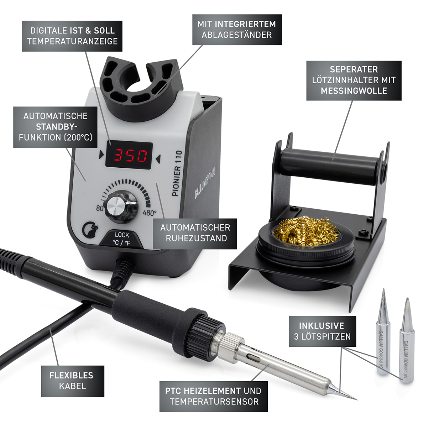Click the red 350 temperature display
pyautogui.click(x=129, y=155)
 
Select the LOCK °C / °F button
pyautogui.click(x=122, y=239)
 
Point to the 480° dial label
pyautogui.click(x=150, y=213)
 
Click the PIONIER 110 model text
pyautogui.click(x=177, y=174)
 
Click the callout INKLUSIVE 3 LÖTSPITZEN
pyautogui.click(x=322, y=331)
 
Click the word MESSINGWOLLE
pyautogui.click(x=354, y=91)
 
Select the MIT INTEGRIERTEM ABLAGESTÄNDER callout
pyautogui.click(x=237, y=30)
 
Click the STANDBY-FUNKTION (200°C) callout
pyautogui.click(x=56, y=127)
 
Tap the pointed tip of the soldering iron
pyautogui.click(x=356, y=399)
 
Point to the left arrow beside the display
pyautogui.click(x=101, y=155)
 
